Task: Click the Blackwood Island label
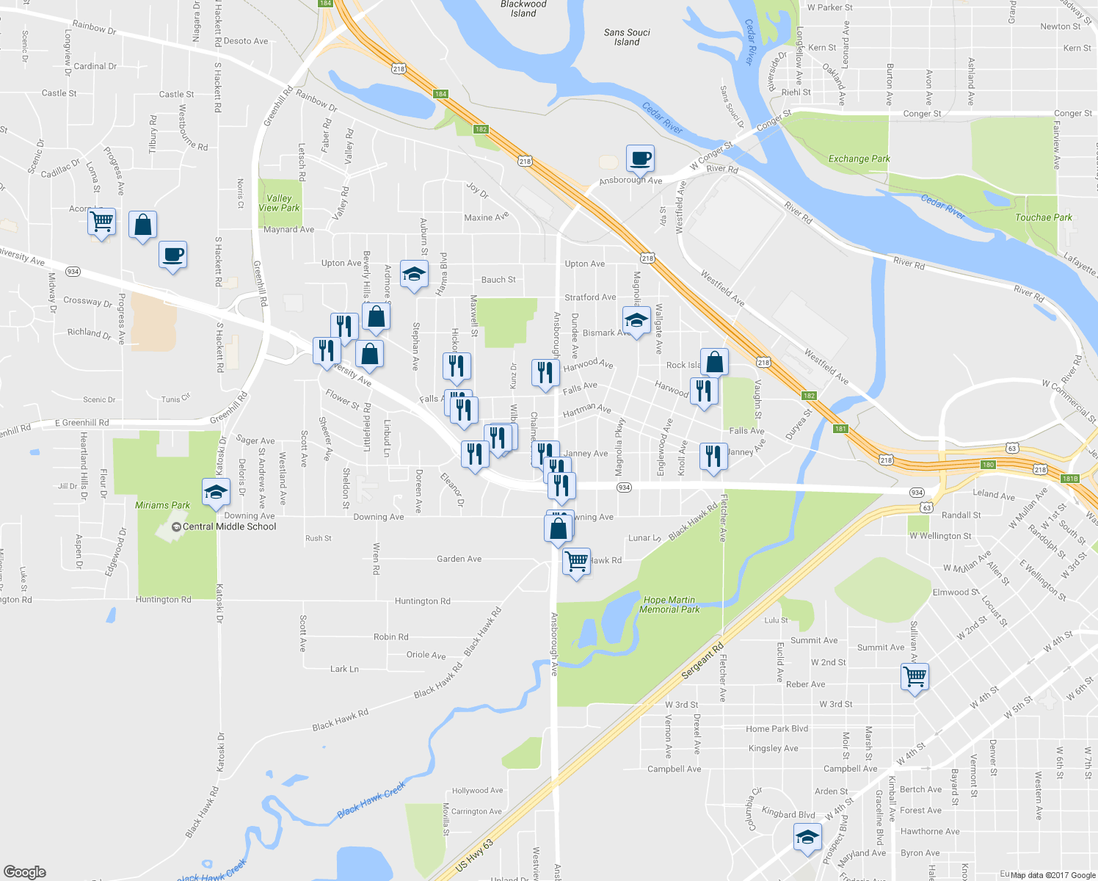click(x=523, y=9)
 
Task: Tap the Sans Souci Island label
click(x=627, y=37)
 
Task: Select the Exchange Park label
click(x=859, y=159)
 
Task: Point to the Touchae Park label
click(x=1043, y=217)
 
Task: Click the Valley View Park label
click(x=279, y=203)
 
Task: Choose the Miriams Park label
click(x=162, y=505)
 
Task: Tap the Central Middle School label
click(x=229, y=526)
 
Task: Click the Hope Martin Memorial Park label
click(x=669, y=605)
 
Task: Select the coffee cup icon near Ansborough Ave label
click(x=640, y=158)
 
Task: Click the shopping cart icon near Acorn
click(x=101, y=221)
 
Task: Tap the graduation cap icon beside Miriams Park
click(x=216, y=493)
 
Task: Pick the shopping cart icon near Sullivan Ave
click(x=915, y=677)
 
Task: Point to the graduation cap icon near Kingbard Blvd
click(x=807, y=838)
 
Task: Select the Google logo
click(x=25, y=872)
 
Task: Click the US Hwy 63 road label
click(x=474, y=855)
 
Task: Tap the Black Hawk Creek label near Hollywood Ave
click(x=371, y=800)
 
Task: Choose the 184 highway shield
click(x=440, y=94)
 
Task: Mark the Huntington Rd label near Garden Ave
click(x=422, y=601)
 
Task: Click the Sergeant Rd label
click(x=702, y=661)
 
